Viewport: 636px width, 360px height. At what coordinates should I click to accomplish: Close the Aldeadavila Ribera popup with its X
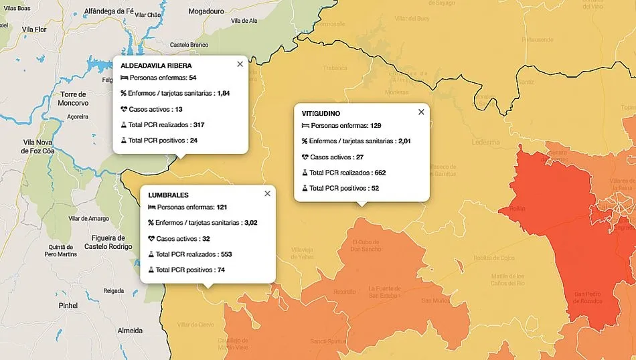tap(240, 64)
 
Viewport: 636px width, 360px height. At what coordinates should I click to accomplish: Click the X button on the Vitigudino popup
tap(421, 112)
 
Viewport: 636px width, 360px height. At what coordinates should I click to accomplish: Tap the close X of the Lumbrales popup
tap(267, 193)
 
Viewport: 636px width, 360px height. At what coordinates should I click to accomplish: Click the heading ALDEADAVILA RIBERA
tap(156, 66)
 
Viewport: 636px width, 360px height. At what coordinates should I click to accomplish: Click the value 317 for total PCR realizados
tap(198, 125)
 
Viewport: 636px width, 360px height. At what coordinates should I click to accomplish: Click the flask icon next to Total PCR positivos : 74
tap(151, 270)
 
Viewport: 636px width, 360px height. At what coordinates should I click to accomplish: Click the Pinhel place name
tap(68, 305)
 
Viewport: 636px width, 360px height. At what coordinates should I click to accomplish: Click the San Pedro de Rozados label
tap(588, 297)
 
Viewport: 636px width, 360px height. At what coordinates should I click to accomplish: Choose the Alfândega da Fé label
tap(111, 11)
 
